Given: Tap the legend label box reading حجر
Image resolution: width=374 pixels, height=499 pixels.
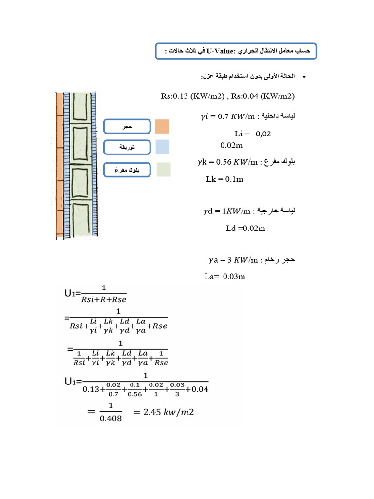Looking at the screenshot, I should tap(127, 127).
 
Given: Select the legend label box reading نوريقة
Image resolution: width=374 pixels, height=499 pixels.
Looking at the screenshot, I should tap(127, 147).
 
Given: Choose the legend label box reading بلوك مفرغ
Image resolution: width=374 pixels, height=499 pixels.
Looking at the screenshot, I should tap(127, 170).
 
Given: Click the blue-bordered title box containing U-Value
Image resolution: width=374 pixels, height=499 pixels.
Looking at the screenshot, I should tap(236, 51).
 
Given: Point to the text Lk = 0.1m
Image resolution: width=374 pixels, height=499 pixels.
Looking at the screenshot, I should tap(224, 179).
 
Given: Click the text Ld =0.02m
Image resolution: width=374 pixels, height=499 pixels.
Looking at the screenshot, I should tap(245, 228).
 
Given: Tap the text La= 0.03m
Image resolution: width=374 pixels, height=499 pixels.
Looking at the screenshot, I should tap(224, 277).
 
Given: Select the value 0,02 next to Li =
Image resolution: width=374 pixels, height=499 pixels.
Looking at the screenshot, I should tap(263, 134).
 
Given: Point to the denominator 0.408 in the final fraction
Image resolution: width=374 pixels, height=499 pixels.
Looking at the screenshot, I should tap(111, 418).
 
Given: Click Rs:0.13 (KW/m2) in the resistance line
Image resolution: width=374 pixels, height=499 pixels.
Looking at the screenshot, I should tap(192, 96).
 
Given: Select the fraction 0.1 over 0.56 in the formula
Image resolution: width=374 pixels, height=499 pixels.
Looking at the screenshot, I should tap(134, 389).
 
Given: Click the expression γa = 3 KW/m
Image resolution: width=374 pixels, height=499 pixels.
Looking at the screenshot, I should tap(232, 260).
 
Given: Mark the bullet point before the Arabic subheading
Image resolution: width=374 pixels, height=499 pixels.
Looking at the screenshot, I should tap(304, 77).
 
